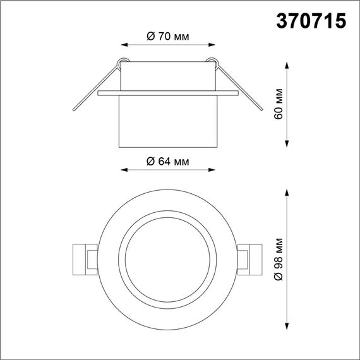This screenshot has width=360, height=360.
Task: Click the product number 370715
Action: pos(311,21)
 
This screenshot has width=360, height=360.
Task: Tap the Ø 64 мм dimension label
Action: pos(167,161)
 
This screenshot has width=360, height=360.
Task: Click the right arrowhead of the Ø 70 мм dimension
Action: pos(212,45)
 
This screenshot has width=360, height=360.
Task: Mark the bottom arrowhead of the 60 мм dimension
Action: pos(289,146)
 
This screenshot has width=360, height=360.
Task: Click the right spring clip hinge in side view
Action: pos(213,62)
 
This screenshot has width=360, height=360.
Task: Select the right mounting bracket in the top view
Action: pos(251,259)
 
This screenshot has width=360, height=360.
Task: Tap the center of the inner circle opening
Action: pos(168,259)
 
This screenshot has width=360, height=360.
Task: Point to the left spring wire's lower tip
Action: pos(76,111)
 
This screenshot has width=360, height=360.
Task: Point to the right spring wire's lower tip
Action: pos(260,111)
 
